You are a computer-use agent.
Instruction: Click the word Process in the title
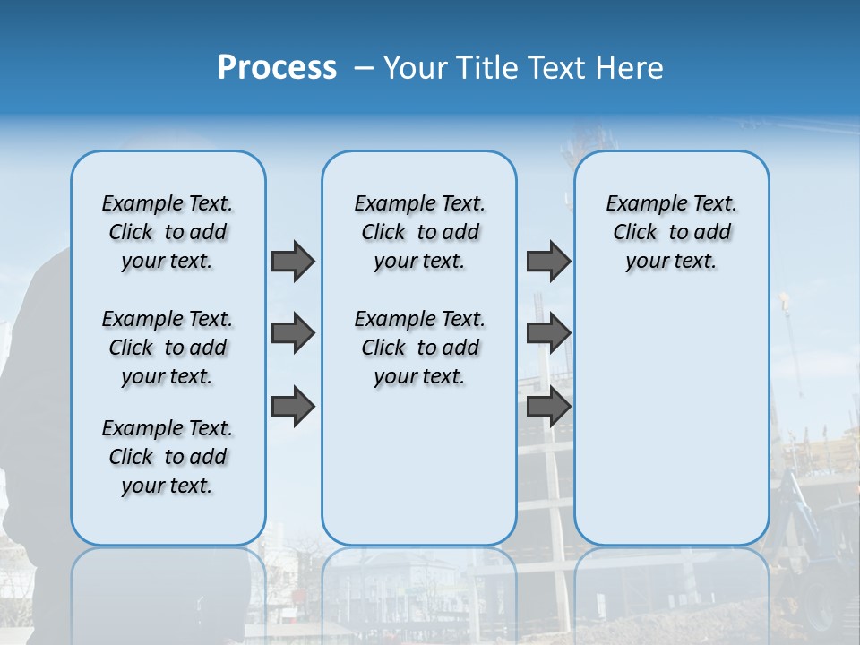(x=277, y=68)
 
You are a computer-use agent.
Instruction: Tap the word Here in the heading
(x=630, y=68)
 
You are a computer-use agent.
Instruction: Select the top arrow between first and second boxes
(x=292, y=261)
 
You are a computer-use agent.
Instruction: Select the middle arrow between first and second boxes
(x=292, y=333)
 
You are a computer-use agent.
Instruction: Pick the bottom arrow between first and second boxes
(x=292, y=407)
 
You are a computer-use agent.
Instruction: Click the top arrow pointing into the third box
(x=548, y=261)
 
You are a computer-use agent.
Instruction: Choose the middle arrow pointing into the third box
(x=548, y=333)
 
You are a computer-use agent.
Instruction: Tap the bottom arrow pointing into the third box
(x=548, y=407)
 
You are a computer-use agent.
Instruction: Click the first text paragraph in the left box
(x=168, y=232)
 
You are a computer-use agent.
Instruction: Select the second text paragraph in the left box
(x=168, y=348)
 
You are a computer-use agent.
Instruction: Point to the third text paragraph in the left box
(x=168, y=457)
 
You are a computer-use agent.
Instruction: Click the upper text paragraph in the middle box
(x=419, y=232)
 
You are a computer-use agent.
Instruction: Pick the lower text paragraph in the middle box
(x=419, y=348)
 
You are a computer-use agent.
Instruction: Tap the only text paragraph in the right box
(x=671, y=232)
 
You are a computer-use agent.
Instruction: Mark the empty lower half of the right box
(x=671, y=421)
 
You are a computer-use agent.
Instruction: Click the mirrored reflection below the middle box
(x=419, y=591)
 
